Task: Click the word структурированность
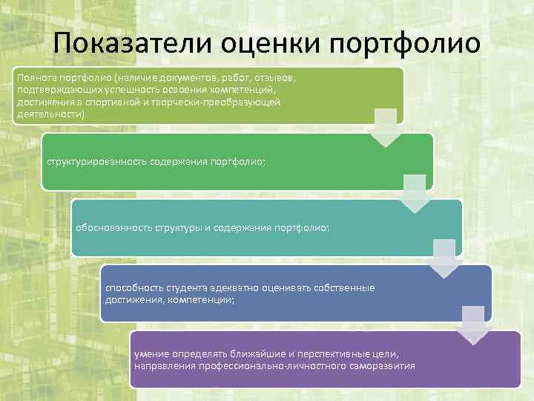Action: [x=95, y=161]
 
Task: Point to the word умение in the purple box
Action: [x=151, y=354]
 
